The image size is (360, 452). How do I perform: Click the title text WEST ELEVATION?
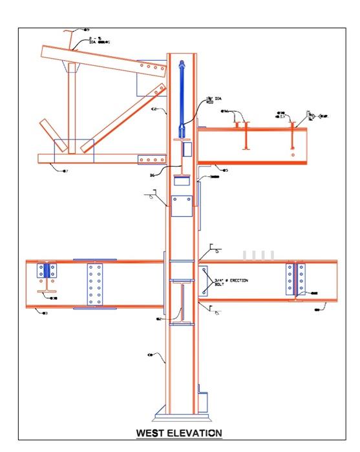pos(179,433)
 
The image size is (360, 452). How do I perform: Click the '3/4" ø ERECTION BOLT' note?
pos(231,282)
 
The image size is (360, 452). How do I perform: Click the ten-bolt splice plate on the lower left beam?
pos(94,285)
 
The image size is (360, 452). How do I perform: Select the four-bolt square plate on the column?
pos(181,205)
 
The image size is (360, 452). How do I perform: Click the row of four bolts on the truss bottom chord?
pos(153,159)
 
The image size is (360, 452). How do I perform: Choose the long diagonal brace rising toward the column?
pos(122,116)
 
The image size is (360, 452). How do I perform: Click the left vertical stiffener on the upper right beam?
pos(245,136)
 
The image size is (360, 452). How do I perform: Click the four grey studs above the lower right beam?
pos(259,254)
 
